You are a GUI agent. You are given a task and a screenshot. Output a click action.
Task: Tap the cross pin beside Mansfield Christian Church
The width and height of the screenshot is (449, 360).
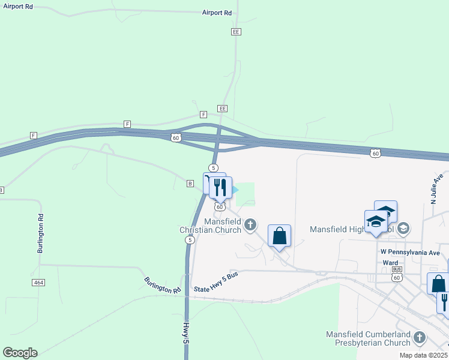[x=251, y=225]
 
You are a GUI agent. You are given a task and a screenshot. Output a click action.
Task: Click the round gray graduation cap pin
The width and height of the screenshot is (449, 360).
[x=403, y=228]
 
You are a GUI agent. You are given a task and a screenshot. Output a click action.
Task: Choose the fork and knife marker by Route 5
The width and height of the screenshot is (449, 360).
[x=221, y=187]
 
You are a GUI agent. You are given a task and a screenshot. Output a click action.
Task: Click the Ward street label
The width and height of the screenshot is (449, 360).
[x=390, y=263]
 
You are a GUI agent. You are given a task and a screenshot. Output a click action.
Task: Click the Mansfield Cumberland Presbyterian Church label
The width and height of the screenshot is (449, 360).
[x=367, y=338]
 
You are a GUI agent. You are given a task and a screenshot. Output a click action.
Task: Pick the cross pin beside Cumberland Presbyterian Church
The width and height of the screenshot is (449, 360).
[x=420, y=338]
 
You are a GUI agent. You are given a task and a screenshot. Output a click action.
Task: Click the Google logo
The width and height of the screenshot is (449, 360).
[x=20, y=353]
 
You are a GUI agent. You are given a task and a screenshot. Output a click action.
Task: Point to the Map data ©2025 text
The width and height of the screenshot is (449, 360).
[x=423, y=355]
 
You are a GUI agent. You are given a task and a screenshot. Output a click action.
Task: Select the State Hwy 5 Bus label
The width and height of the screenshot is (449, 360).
[x=216, y=289]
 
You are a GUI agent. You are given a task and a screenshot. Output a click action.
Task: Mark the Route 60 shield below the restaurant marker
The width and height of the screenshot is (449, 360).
[x=220, y=206]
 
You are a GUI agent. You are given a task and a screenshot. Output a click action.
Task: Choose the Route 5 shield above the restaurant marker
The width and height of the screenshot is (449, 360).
[x=213, y=167]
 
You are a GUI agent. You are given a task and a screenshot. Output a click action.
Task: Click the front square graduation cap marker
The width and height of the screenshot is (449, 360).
[x=376, y=222]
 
